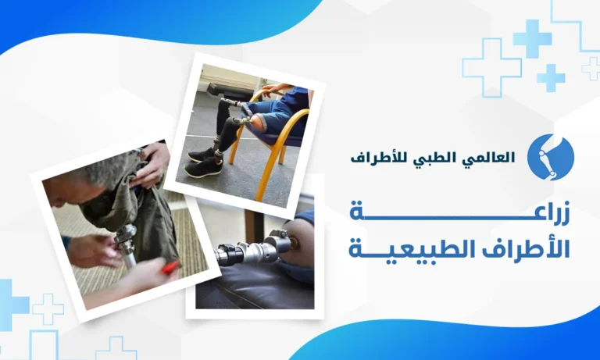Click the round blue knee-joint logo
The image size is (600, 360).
pos(550,157)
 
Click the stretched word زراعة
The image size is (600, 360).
pos(459,212)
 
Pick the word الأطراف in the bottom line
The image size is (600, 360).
pos(527,248)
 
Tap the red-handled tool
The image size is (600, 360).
pos(170,267)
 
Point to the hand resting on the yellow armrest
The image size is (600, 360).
pos(277,90)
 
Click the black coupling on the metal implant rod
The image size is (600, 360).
pos(230,254)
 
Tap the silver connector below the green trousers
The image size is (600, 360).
pos(126,237)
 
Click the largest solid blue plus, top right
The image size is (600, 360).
pos(532,38)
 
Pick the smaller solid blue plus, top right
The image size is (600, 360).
pos(551,78)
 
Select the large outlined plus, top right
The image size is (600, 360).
pos(491,68)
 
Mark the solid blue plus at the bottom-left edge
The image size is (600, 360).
pos(12,305)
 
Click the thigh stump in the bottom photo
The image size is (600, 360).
pos(298,245)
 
